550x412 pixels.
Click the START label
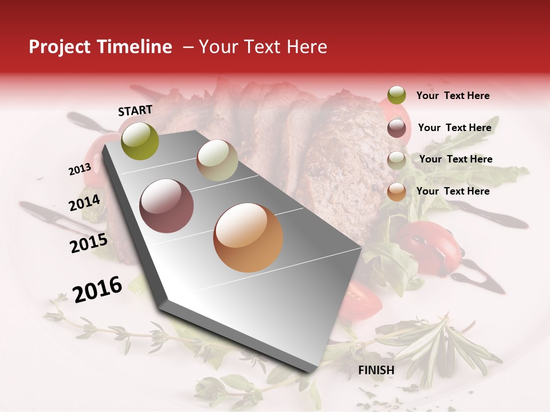pos(135,110)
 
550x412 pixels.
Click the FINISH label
pos(376,370)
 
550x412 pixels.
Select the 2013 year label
pos(80,169)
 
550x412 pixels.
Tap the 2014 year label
pos(84,203)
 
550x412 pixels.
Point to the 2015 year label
pos(89,243)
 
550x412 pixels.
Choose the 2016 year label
pos(97,289)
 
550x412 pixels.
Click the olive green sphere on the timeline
pos(140,141)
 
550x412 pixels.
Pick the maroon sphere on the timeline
pos(167,206)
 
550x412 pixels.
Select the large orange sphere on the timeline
pos(248,237)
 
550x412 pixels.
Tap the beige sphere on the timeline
pos(217,160)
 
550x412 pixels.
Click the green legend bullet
pos(396,95)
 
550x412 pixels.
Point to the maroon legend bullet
pos(396,128)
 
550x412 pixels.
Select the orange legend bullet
pos(396,192)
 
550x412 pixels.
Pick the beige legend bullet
pos(396,160)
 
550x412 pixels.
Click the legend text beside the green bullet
pos(453,96)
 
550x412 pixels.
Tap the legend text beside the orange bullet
pos(453,191)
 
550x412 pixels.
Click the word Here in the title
pos(307,47)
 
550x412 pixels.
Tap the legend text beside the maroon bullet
pos(454,128)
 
